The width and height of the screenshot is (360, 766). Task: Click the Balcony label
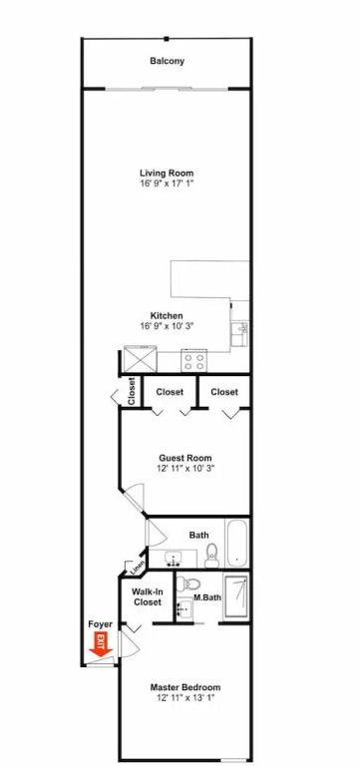click(168, 61)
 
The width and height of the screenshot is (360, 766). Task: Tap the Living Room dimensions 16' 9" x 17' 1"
click(167, 184)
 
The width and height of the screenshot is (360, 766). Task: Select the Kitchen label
click(167, 315)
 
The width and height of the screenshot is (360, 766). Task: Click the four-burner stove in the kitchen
click(193, 360)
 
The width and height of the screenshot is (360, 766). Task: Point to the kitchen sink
click(240, 335)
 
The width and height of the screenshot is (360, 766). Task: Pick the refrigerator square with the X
click(140, 359)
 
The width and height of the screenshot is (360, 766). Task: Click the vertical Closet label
click(132, 391)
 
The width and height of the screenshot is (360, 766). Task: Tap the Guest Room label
click(185, 458)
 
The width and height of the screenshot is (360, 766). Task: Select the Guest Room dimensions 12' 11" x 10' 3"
click(185, 468)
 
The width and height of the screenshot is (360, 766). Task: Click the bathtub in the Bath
click(237, 543)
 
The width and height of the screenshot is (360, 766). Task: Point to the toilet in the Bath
click(212, 556)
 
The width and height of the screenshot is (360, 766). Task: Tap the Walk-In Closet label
click(147, 597)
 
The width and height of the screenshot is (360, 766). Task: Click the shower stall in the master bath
click(235, 596)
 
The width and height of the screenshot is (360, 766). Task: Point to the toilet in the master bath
click(187, 582)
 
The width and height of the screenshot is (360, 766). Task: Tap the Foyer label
click(100, 624)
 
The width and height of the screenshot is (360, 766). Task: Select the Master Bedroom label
click(185, 687)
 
